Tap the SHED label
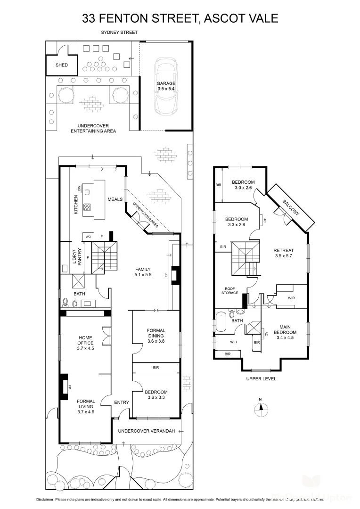(x=62, y=65)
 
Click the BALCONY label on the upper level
(x=291, y=207)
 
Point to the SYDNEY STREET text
(x=119, y=33)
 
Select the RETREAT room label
(x=284, y=250)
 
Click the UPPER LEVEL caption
(x=261, y=378)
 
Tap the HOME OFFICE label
(x=86, y=340)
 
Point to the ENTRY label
(x=121, y=402)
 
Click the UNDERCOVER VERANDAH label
(x=146, y=431)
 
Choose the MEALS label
(x=115, y=199)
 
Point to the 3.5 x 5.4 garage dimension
(x=166, y=89)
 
